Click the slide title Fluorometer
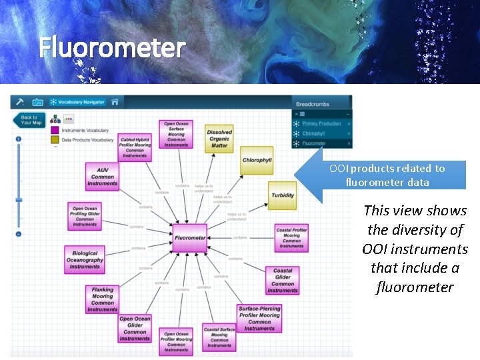point(111,48)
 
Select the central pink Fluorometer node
point(190,238)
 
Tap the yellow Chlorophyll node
point(257,160)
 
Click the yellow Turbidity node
point(283,195)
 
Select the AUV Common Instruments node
point(102,177)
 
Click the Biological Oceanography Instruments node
point(85,260)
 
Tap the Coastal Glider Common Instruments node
point(283,281)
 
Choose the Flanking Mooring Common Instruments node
point(102,299)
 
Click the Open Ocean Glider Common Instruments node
point(135,329)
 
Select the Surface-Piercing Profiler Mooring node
point(259,318)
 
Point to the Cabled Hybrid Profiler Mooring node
point(135,147)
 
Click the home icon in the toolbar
point(115,102)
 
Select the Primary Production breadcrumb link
point(321,123)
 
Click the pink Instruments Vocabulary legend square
point(55,130)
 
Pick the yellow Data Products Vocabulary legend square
point(55,140)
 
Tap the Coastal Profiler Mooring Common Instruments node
point(291,238)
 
